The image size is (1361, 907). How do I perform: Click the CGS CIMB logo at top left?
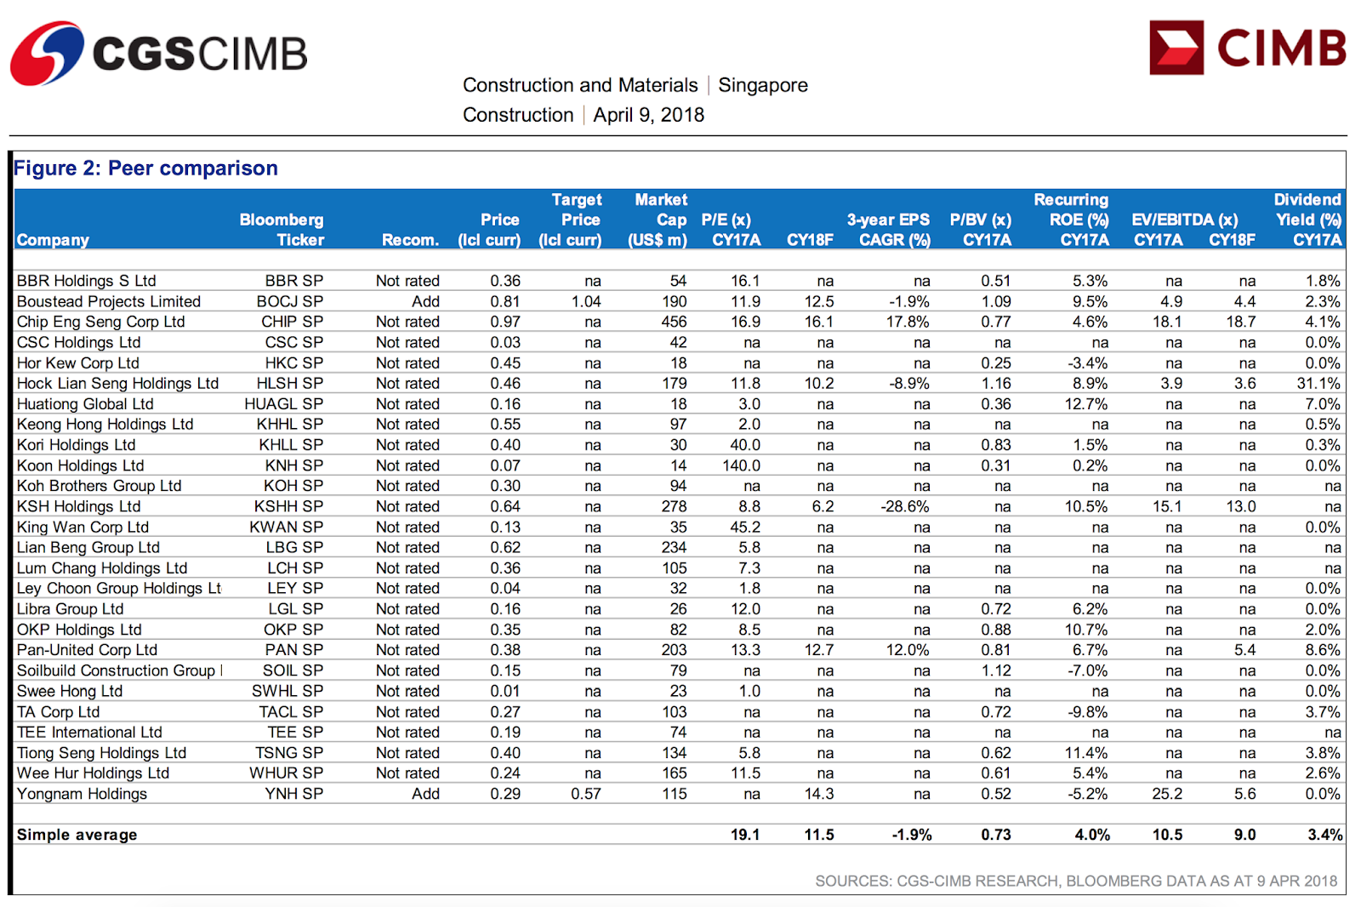[x=158, y=53]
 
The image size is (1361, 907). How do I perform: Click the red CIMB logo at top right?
[x=1247, y=48]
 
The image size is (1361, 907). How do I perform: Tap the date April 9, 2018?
[x=648, y=115]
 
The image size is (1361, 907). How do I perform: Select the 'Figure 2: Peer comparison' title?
[x=145, y=168]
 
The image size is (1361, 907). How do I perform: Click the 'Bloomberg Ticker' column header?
[x=282, y=230]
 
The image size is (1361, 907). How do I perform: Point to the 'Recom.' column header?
[x=410, y=240]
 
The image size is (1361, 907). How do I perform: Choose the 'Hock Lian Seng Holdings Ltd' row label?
[x=117, y=384]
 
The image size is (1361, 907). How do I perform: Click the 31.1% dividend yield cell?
[x=1318, y=384]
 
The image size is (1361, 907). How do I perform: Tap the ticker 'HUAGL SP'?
[x=283, y=404]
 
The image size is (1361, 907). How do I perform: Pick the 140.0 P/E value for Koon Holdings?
[x=741, y=465]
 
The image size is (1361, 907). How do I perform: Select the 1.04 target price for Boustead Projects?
[x=585, y=301]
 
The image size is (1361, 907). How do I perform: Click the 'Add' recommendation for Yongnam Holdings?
[x=425, y=794]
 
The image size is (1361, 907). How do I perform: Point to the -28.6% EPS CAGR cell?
[x=904, y=506]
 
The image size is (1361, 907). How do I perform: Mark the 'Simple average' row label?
[x=77, y=835]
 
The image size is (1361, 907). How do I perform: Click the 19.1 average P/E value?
[x=744, y=835]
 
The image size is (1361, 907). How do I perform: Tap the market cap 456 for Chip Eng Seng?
[x=674, y=322]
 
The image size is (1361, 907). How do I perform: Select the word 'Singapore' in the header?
[x=762, y=85]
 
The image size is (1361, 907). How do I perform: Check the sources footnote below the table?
[x=1075, y=881]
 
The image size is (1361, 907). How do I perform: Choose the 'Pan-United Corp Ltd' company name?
[x=87, y=650]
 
